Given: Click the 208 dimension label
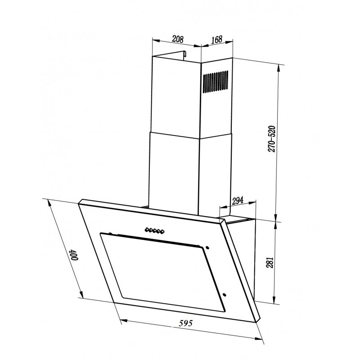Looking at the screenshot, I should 177,39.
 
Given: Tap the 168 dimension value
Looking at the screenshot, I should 217,40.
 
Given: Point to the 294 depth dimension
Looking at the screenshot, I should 237,202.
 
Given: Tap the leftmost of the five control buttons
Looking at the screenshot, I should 147,229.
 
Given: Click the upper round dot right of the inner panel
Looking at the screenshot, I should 207,247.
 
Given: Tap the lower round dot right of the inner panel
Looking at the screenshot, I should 225,296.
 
